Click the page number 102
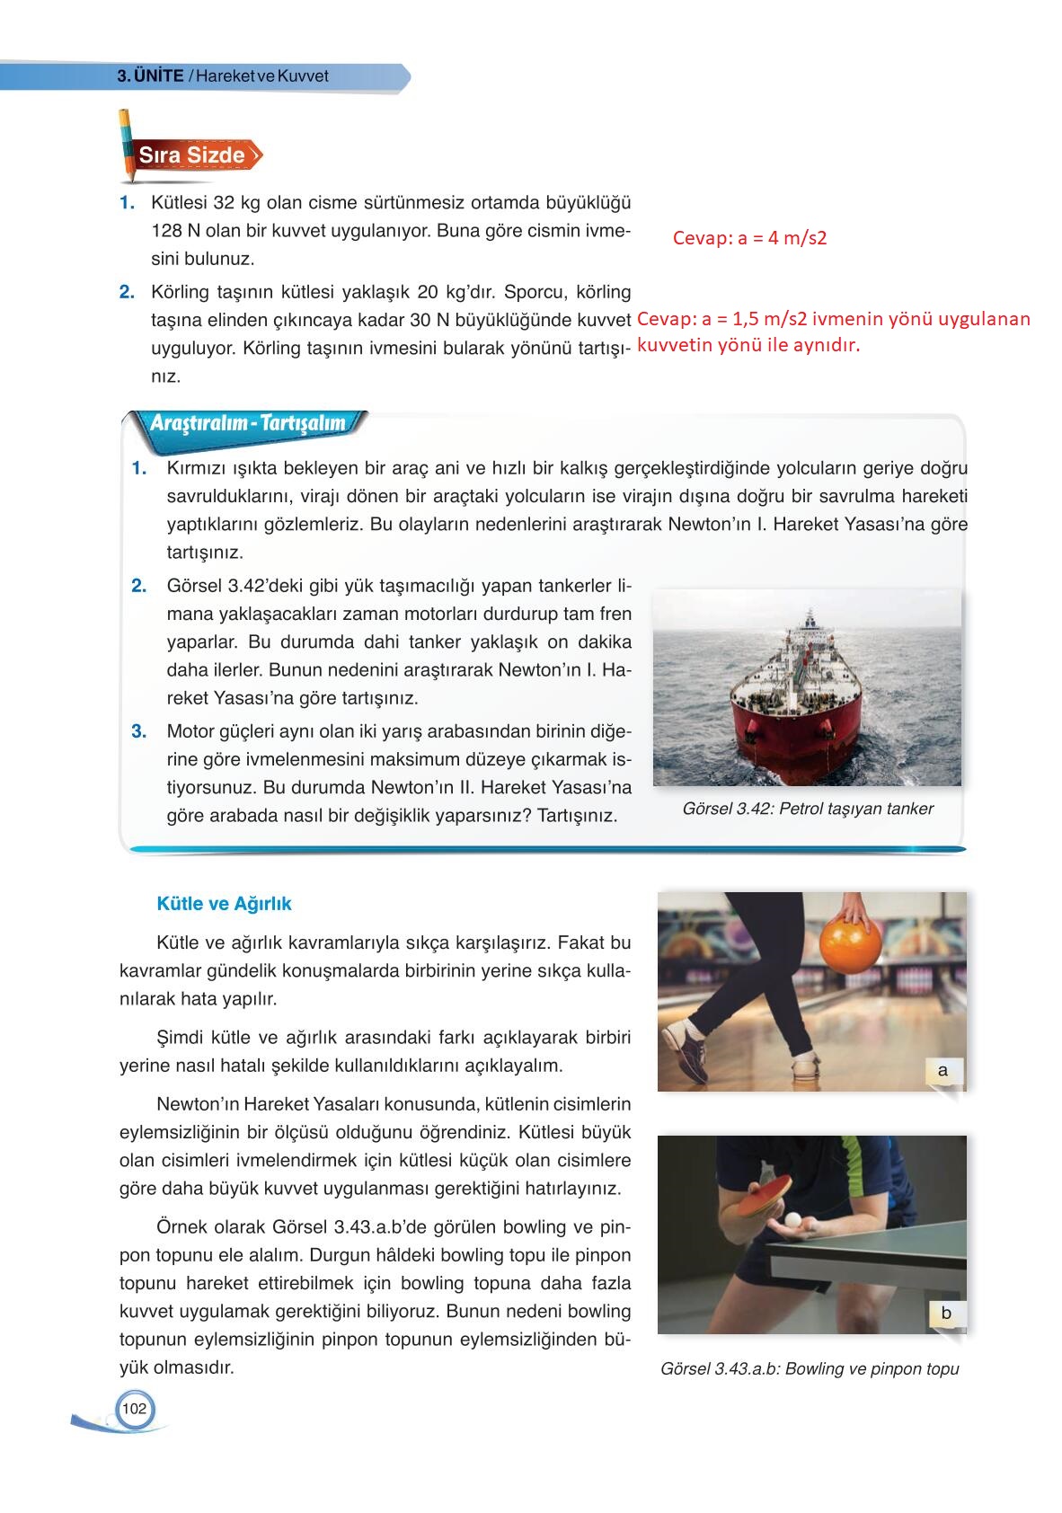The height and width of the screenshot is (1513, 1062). (134, 1409)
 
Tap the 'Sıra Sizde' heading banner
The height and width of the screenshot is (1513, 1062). (191, 155)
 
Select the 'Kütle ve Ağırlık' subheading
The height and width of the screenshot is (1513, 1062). (224, 904)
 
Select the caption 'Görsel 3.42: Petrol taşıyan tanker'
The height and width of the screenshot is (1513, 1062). (807, 809)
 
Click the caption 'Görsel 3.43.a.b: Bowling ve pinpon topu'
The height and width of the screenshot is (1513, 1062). (809, 1369)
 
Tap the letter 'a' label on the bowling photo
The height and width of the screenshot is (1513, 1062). (943, 1070)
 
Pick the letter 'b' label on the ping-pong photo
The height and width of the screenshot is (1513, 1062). (945, 1313)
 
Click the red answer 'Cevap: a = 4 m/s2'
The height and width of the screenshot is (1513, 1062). (749, 238)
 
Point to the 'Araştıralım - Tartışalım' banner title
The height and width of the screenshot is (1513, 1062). (247, 423)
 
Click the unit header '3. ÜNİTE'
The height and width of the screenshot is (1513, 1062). (150, 76)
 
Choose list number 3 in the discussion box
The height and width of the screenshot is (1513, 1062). (138, 731)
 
